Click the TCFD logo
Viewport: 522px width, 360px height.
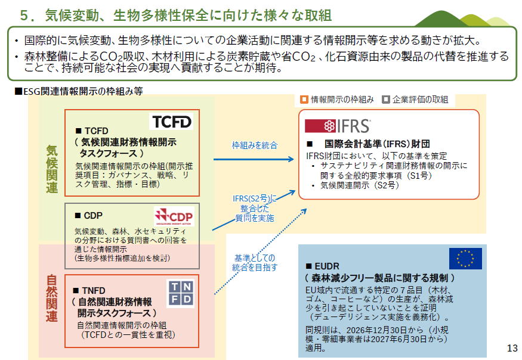(x=172, y=122)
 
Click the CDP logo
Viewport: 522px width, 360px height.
(x=174, y=216)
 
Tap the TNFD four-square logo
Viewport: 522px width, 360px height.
(x=180, y=294)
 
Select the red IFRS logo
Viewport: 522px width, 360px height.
(x=338, y=126)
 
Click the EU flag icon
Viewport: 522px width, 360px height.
(x=465, y=258)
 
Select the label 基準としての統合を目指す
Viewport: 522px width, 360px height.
(x=255, y=263)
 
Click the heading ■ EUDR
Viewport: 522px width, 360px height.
(x=325, y=266)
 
